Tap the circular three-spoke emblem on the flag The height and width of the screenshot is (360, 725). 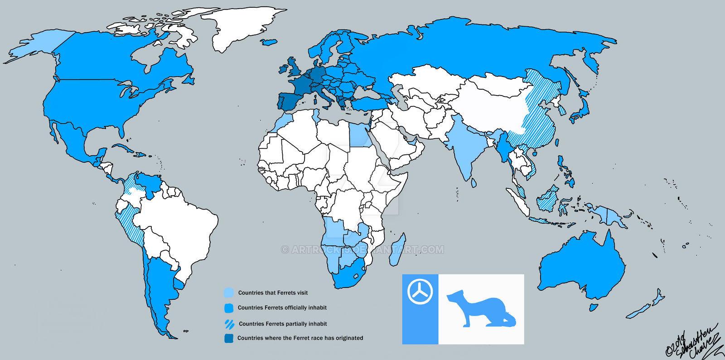[420, 291]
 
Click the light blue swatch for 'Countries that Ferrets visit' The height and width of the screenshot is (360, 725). [229, 293]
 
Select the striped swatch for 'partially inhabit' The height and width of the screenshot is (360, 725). [230, 323]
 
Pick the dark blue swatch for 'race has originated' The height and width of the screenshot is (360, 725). [229, 338]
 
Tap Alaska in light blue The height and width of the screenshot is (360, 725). [43, 45]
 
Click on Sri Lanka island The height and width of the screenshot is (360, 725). [474, 182]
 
